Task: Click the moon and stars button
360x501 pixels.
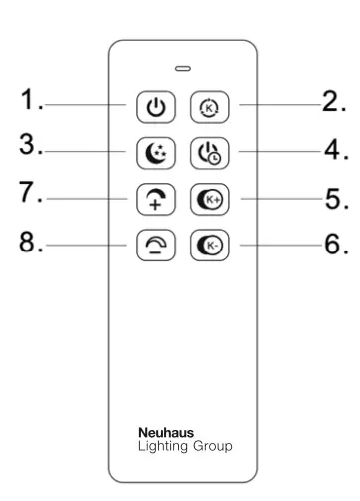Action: [x=151, y=153]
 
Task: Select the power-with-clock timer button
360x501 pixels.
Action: [x=205, y=153]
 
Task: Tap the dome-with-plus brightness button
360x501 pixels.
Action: [x=151, y=199]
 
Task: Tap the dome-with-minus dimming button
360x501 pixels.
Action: [x=151, y=245]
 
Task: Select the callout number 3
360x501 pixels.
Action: [x=32, y=146]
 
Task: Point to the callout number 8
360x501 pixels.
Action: [x=32, y=242]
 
